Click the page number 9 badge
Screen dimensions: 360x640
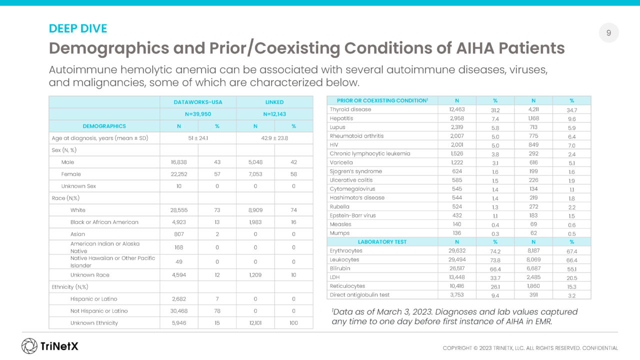(x=608, y=33)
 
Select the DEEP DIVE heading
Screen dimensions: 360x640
(x=78, y=28)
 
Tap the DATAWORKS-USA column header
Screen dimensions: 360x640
(x=198, y=102)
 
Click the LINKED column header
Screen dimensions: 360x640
(x=274, y=102)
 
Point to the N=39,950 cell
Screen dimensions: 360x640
(x=198, y=114)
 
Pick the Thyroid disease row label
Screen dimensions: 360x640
(x=350, y=109)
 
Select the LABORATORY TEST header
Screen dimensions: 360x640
(x=382, y=242)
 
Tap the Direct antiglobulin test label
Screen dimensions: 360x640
(x=359, y=295)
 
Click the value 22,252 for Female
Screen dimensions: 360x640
(x=179, y=174)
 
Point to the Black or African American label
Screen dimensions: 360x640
(x=104, y=222)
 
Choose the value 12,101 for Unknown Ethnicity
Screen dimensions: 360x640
(x=255, y=323)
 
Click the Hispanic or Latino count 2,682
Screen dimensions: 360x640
(x=179, y=299)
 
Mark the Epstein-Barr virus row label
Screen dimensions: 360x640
(x=352, y=215)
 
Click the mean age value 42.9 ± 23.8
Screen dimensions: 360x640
(x=274, y=138)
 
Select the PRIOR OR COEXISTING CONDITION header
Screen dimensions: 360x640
(x=382, y=100)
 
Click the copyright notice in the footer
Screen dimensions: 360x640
(x=530, y=348)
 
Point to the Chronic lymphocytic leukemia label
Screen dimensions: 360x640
(x=370, y=153)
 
